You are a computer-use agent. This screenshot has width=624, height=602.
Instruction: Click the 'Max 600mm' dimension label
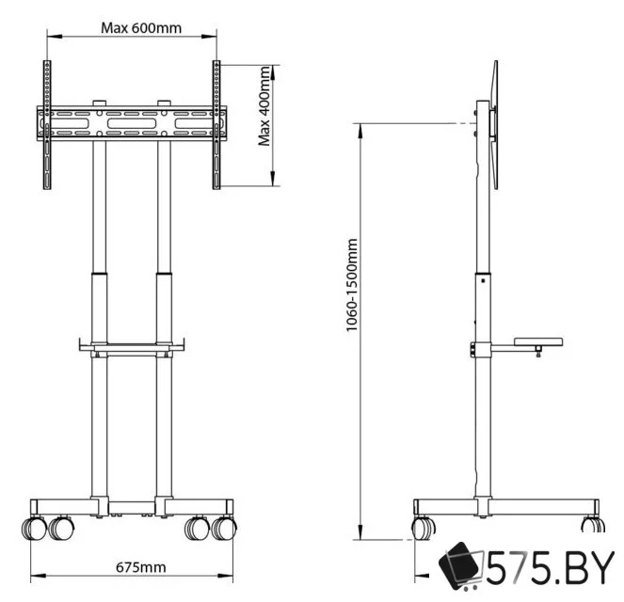141,27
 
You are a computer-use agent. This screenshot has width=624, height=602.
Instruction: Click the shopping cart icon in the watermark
462,567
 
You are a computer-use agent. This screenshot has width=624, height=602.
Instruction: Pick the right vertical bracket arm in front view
216,124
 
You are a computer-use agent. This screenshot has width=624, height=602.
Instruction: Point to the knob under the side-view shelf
536,352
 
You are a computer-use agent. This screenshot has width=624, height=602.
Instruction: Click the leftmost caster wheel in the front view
31,528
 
